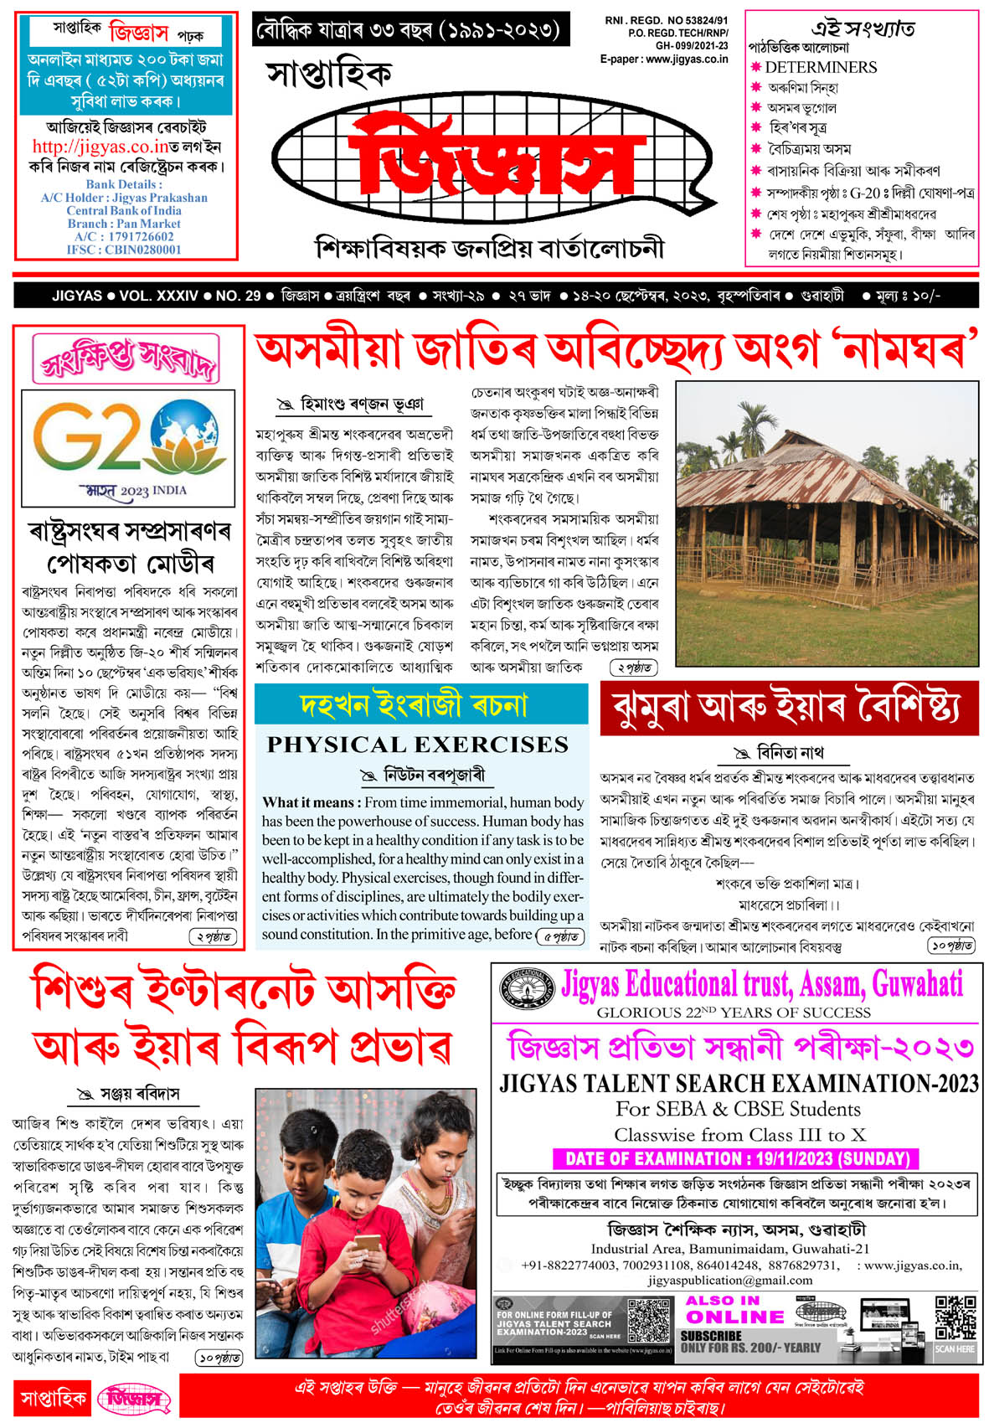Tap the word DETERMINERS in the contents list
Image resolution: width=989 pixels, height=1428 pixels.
(x=821, y=67)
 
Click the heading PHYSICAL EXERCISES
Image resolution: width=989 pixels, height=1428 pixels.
(x=417, y=745)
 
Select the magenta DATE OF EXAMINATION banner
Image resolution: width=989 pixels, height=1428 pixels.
(x=736, y=1158)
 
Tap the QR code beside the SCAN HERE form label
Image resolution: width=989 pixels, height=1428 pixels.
(x=648, y=1321)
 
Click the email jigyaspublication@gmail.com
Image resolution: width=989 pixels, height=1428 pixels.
(x=729, y=1280)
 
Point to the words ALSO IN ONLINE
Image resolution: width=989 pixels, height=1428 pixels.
(x=724, y=1309)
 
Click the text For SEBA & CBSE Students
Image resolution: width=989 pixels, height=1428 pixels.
(x=738, y=1109)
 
